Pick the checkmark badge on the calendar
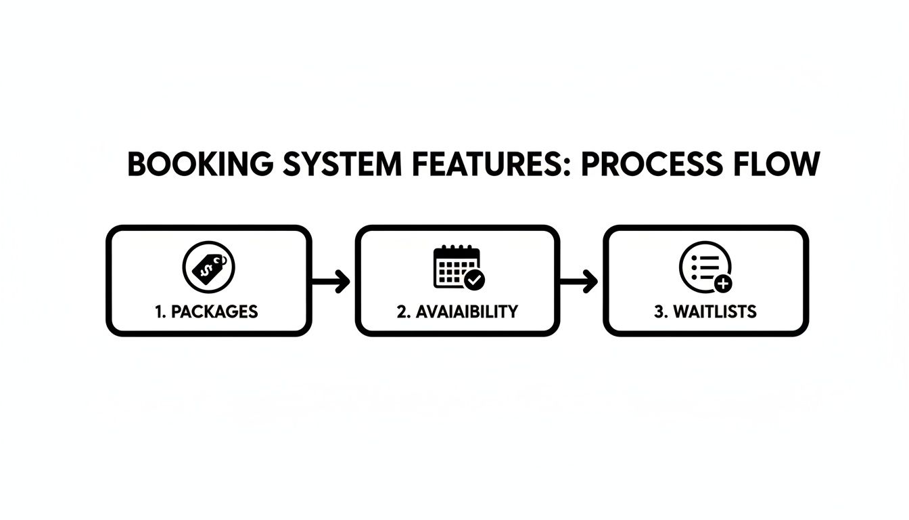coord(475,279)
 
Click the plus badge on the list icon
coord(722,284)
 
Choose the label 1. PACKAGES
coord(206,311)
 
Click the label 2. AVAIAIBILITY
coord(457,311)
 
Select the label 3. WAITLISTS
coord(705,311)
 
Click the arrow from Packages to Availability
coord(331,280)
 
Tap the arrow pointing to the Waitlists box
coord(580,280)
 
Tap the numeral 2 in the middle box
coord(401,311)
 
